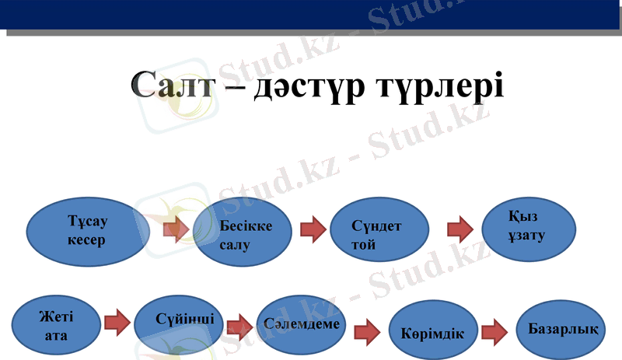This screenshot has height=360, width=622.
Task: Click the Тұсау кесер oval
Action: [x=87, y=231]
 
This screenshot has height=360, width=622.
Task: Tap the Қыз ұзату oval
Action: [x=529, y=225]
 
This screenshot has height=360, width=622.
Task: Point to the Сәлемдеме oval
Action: [x=300, y=323]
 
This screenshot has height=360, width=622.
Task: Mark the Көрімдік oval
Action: [x=432, y=333]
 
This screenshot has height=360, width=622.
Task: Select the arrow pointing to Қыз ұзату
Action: [x=460, y=229]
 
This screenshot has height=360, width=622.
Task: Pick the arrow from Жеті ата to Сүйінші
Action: [x=117, y=323]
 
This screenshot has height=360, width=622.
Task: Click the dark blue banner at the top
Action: [x=311, y=15]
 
